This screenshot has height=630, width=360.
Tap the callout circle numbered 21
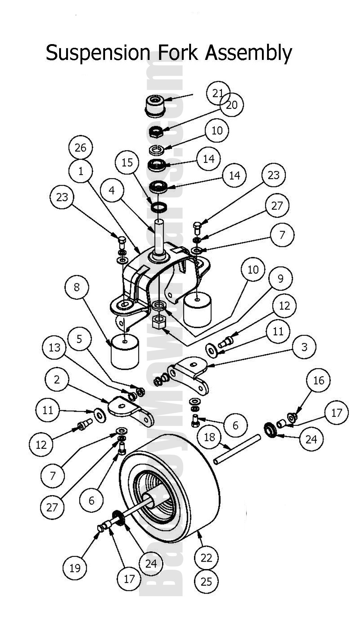[x=218, y=93]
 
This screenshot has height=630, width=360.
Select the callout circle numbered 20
[x=232, y=105]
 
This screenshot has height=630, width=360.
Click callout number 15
[x=127, y=162]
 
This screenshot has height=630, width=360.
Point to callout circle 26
[x=80, y=147]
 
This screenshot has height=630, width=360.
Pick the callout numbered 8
[x=77, y=287]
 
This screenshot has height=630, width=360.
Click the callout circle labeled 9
[x=280, y=278]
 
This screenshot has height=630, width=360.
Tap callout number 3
[x=304, y=347]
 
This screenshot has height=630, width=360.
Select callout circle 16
[x=318, y=380]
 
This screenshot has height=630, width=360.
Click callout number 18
[x=209, y=437]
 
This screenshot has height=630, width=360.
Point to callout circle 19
[x=75, y=568]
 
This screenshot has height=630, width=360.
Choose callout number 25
[x=206, y=581]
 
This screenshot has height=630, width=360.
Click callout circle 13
[x=54, y=347]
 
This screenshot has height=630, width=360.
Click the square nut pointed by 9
[x=159, y=323]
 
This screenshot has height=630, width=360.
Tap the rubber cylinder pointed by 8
[x=125, y=351]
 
